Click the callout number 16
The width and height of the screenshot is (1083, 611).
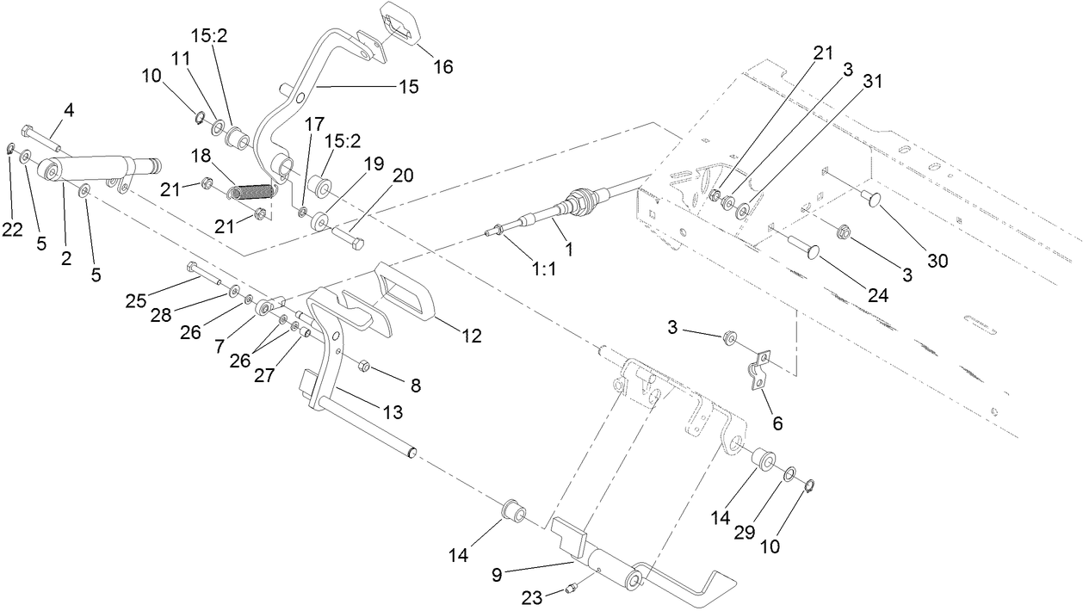[443, 65]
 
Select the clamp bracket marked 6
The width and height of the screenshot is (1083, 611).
[758, 367]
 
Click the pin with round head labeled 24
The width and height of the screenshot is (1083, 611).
[800, 249]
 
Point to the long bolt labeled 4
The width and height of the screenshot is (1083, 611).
[40, 138]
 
